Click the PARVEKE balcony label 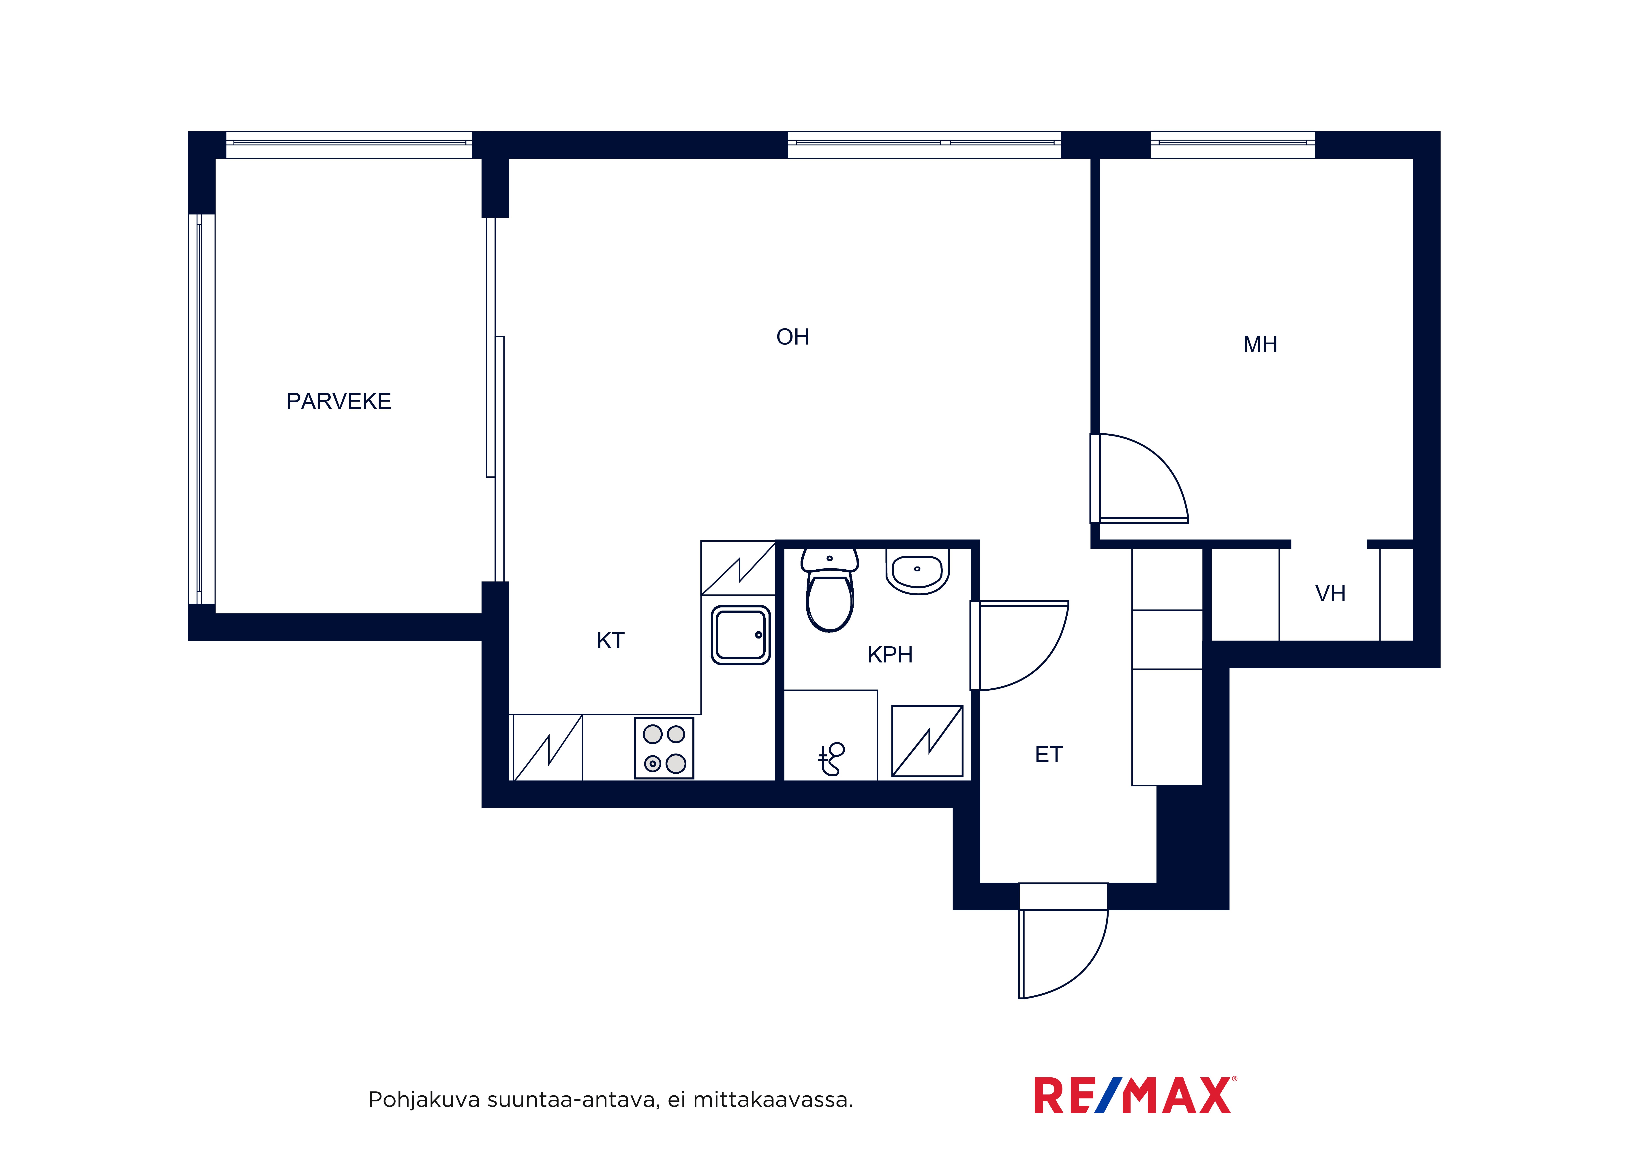(x=338, y=402)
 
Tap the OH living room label (x=792, y=337)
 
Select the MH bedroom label (x=1260, y=345)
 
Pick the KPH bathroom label (x=890, y=655)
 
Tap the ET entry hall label (x=1048, y=754)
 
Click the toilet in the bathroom (x=829, y=590)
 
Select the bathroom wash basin (x=918, y=571)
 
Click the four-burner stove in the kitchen (x=664, y=748)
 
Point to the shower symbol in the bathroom (x=831, y=759)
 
